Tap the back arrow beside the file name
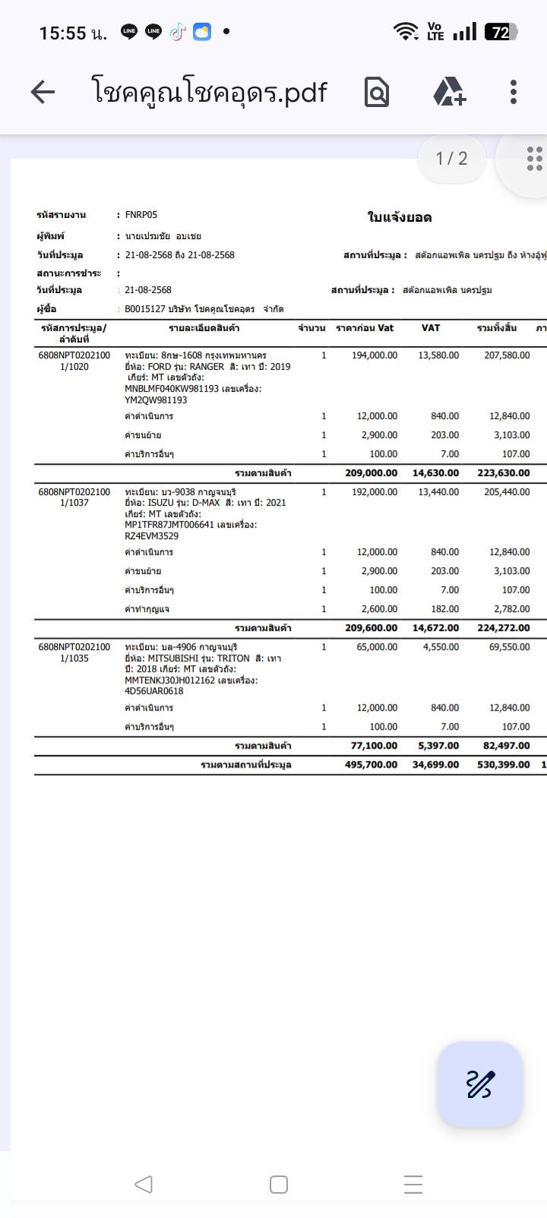pos(43,93)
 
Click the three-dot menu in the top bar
pos(514,92)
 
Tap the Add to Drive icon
pos(449,92)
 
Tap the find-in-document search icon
pos(377,93)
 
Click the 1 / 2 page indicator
pos(451,159)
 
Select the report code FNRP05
pos(141,215)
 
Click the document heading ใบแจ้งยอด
pos(400,218)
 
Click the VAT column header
pos(431,328)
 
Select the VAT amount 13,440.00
pos(438,492)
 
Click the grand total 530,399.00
pos(503,765)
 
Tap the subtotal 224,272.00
pos(503,628)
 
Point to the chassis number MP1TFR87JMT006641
pos(169,525)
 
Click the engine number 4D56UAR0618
pos(154,691)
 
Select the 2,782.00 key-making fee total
pos(510,609)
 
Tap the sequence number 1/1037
pos(74,503)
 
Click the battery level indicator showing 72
pos(501,32)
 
